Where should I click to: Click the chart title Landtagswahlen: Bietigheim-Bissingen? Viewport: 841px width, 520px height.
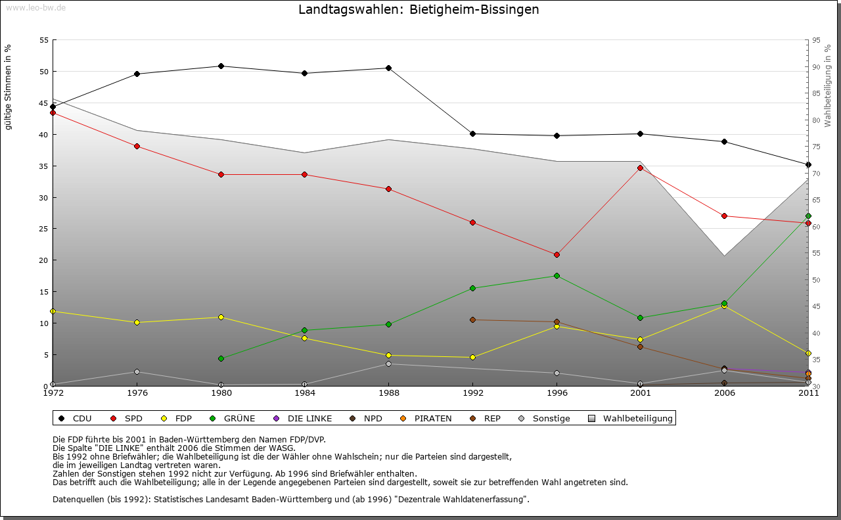tap(419, 10)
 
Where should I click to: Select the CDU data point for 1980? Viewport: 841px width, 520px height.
tap(221, 66)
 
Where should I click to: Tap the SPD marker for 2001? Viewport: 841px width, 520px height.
tap(641, 168)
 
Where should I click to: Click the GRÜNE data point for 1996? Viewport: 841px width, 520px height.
tap(557, 275)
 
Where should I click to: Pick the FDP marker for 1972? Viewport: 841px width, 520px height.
tap(53, 311)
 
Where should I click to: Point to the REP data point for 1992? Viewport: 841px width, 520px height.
tap(472, 319)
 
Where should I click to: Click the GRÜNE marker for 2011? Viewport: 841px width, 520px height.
tap(808, 216)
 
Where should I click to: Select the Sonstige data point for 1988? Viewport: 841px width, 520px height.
tap(388, 364)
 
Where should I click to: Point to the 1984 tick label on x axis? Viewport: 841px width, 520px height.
tap(305, 394)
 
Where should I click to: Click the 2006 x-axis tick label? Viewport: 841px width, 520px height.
tap(724, 394)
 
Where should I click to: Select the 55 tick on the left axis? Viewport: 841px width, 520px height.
tap(44, 40)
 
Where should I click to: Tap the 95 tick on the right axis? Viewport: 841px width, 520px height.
tap(816, 40)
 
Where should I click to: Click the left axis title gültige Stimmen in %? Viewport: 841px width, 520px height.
tap(9, 87)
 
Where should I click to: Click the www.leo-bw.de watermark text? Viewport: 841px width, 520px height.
tap(35, 8)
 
